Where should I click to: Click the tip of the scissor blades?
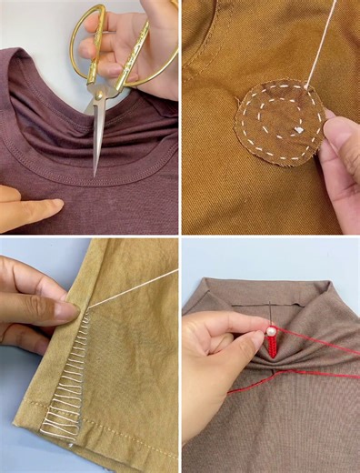point(94,172)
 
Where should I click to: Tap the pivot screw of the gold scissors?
point(102,87)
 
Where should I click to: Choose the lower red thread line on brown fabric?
point(309,376)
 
